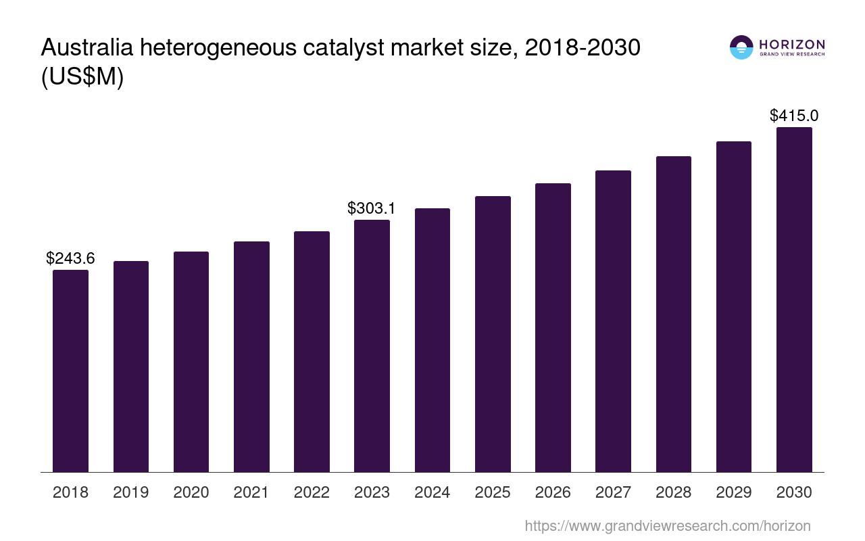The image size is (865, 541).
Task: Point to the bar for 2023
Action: click(x=372, y=346)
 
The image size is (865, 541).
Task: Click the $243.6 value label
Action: click(x=70, y=258)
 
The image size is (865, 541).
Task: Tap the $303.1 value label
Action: click(x=372, y=208)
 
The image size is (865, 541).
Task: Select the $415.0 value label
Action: click(x=794, y=116)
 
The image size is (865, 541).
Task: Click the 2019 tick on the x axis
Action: click(x=131, y=492)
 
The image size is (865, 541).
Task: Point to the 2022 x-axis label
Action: click(x=312, y=492)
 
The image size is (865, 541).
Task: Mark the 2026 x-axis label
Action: click(x=553, y=492)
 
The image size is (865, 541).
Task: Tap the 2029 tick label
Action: click(x=734, y=492)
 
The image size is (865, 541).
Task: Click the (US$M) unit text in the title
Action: click(x=82, y=77)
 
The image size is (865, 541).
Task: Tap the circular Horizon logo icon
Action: click(x=741, y=47)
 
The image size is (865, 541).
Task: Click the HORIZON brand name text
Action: click(x=792, y=45)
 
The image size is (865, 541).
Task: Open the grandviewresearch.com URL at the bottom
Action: click(x=668, y=525)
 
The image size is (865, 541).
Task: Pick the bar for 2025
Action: click(x=493, y=334)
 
